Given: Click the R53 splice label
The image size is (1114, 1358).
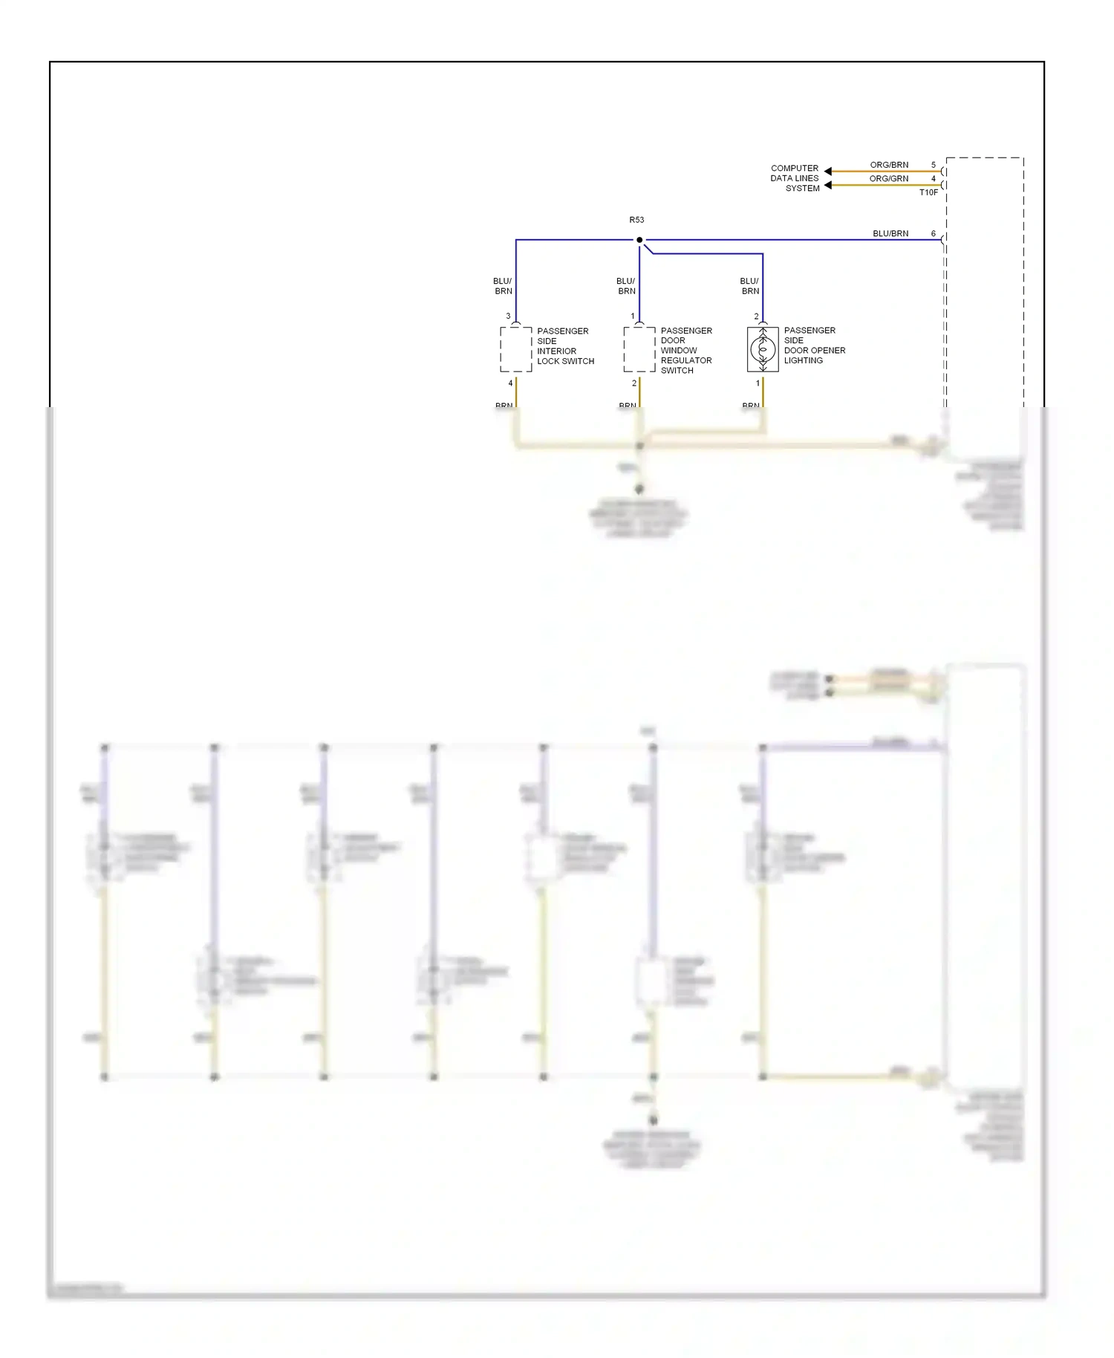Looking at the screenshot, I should [636, 220].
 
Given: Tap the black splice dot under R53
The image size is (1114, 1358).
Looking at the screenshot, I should [639, 240].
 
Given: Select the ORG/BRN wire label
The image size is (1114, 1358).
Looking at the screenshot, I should [889, 165].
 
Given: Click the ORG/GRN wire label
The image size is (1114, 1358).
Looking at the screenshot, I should [889, 179].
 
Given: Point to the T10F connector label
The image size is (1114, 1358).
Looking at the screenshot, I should [928, 192].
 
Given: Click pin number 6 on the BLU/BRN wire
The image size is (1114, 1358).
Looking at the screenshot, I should [934, 234].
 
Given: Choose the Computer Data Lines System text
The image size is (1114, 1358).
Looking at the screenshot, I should [795, 178].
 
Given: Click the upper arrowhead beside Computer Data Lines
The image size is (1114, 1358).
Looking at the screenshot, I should [828, 172].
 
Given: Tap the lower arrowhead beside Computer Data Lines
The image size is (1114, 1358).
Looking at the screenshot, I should [828, 185].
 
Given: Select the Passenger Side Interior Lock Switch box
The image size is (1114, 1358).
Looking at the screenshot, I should [516, 349].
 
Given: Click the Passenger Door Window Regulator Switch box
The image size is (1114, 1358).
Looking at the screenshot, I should [639, 349].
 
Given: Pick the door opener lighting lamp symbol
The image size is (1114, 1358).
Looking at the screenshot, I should [763, 349].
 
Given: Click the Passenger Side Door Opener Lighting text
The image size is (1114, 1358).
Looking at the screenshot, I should [814, 345].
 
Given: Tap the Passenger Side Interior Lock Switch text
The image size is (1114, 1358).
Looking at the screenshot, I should [565, 346].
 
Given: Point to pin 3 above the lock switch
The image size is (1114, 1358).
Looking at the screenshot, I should [509, 316].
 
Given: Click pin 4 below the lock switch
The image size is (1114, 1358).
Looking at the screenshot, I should [510, 383].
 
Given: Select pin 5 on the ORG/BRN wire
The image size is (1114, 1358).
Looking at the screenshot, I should [934, 165].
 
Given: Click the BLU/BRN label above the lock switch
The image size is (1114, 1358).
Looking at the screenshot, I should [503, 286].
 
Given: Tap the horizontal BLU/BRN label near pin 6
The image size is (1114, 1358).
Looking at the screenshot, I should [890, 234].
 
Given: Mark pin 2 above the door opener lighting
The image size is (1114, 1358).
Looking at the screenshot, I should [757, 316].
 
